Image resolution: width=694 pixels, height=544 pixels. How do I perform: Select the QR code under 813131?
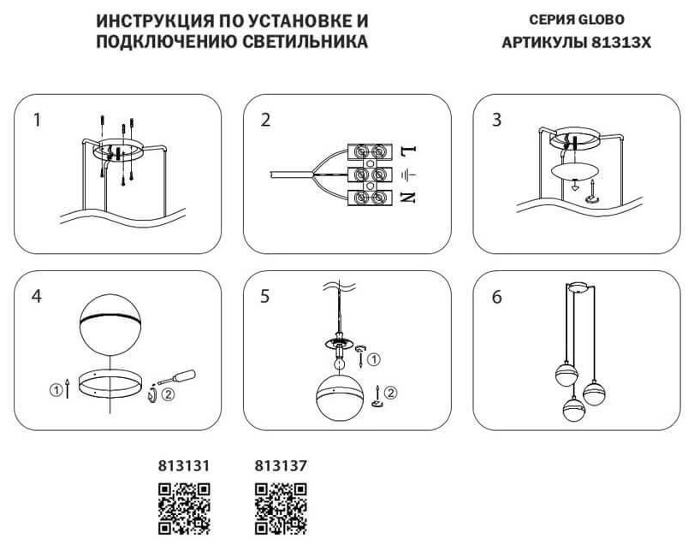click(184, 509)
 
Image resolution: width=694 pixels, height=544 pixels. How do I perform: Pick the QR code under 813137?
click(281, 509)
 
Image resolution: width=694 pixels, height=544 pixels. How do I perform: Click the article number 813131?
click(184, 465)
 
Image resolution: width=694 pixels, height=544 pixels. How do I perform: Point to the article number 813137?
click(281, 465)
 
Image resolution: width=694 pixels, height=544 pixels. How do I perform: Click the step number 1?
click(37, 120)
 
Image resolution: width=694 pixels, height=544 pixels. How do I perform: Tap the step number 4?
click(37, 296)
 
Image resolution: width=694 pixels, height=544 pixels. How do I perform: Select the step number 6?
click(496, 297)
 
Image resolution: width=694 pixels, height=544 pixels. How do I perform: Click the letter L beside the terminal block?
click(408, 151)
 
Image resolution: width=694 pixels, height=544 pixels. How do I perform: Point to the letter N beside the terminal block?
click(408, 198)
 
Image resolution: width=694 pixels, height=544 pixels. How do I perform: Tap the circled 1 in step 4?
click(56, 390)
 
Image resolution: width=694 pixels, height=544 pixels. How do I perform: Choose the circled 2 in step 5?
click(390, 393)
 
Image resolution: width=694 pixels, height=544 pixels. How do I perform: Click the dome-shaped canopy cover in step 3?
click(575, 171)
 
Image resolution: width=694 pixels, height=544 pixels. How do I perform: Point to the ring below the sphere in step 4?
click(110, 383)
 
